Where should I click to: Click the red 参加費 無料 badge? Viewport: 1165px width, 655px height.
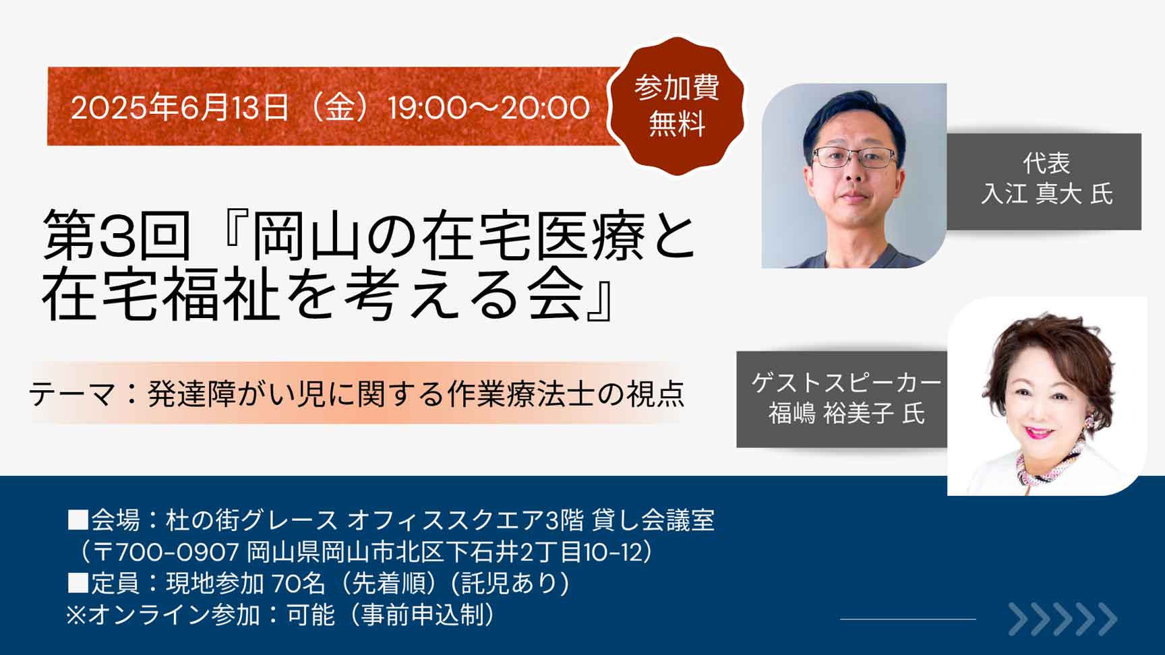click(676, 106)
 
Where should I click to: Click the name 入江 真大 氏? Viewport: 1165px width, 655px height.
click(1046, 194)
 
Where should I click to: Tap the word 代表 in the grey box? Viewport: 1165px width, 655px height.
click(1046, 163)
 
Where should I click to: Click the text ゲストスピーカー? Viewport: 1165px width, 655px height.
click(847, 383)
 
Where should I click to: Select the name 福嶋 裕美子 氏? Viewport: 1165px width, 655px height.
click(847, 413)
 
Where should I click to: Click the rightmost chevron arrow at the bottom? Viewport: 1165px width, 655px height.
click(1107, 619)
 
